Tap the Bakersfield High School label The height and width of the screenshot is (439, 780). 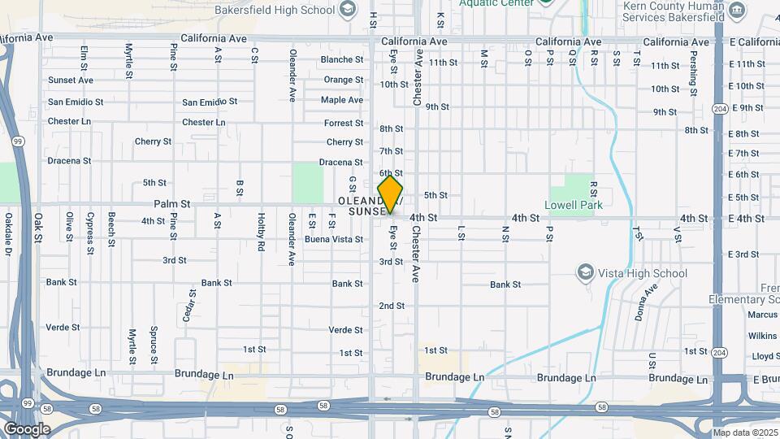[x=275, y=10]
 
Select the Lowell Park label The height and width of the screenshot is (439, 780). [x=574, y=206]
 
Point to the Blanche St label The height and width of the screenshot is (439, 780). [x=342, y=59]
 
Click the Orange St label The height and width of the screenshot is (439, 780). [x=344, y=80]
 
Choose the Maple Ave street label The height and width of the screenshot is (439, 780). [x=342, y=100]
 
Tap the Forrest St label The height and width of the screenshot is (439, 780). [x=344, y=123]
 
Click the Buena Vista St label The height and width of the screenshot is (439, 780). [x=334, y=240]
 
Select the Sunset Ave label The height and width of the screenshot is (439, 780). [x=71, y=80]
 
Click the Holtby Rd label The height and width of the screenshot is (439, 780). [x=261, y=231]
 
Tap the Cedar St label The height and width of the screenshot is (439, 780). [x=188, y=306]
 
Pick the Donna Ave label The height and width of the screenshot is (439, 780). [x=646, y=302]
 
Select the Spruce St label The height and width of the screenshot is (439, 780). [x=154, y=344]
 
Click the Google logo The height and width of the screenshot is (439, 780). [x=27, y=428]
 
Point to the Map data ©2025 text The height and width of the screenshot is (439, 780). [x=745, y=432]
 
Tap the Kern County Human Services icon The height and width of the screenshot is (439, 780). [x=737, y=10]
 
